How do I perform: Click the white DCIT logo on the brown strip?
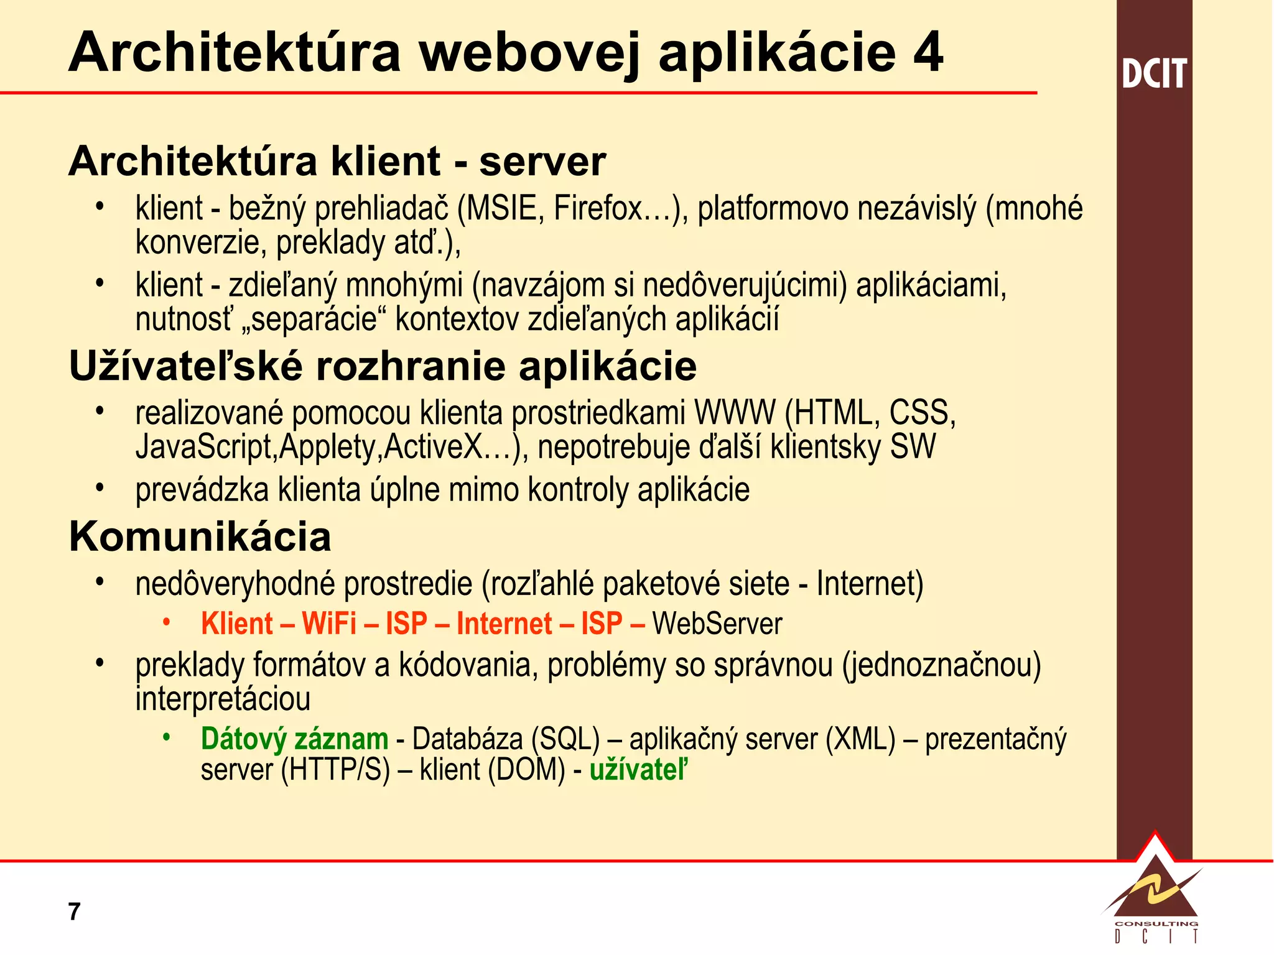click(1154, 73)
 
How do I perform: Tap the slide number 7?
click(74, 911)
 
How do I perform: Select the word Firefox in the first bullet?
click(597, 208)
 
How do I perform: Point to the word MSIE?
click(501, 208)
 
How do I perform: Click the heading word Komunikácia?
click(200, 537)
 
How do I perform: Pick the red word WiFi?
click(329, 624)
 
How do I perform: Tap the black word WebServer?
click(717, 624)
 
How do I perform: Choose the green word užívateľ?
click(639, 770)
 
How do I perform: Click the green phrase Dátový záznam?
click(294, 739)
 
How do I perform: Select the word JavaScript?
click(204, 447)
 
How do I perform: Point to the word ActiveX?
click(433, 447)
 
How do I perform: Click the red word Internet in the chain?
click(504, 624)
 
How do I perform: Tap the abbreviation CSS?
click(922, 413)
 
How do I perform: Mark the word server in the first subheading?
click(542, 162)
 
